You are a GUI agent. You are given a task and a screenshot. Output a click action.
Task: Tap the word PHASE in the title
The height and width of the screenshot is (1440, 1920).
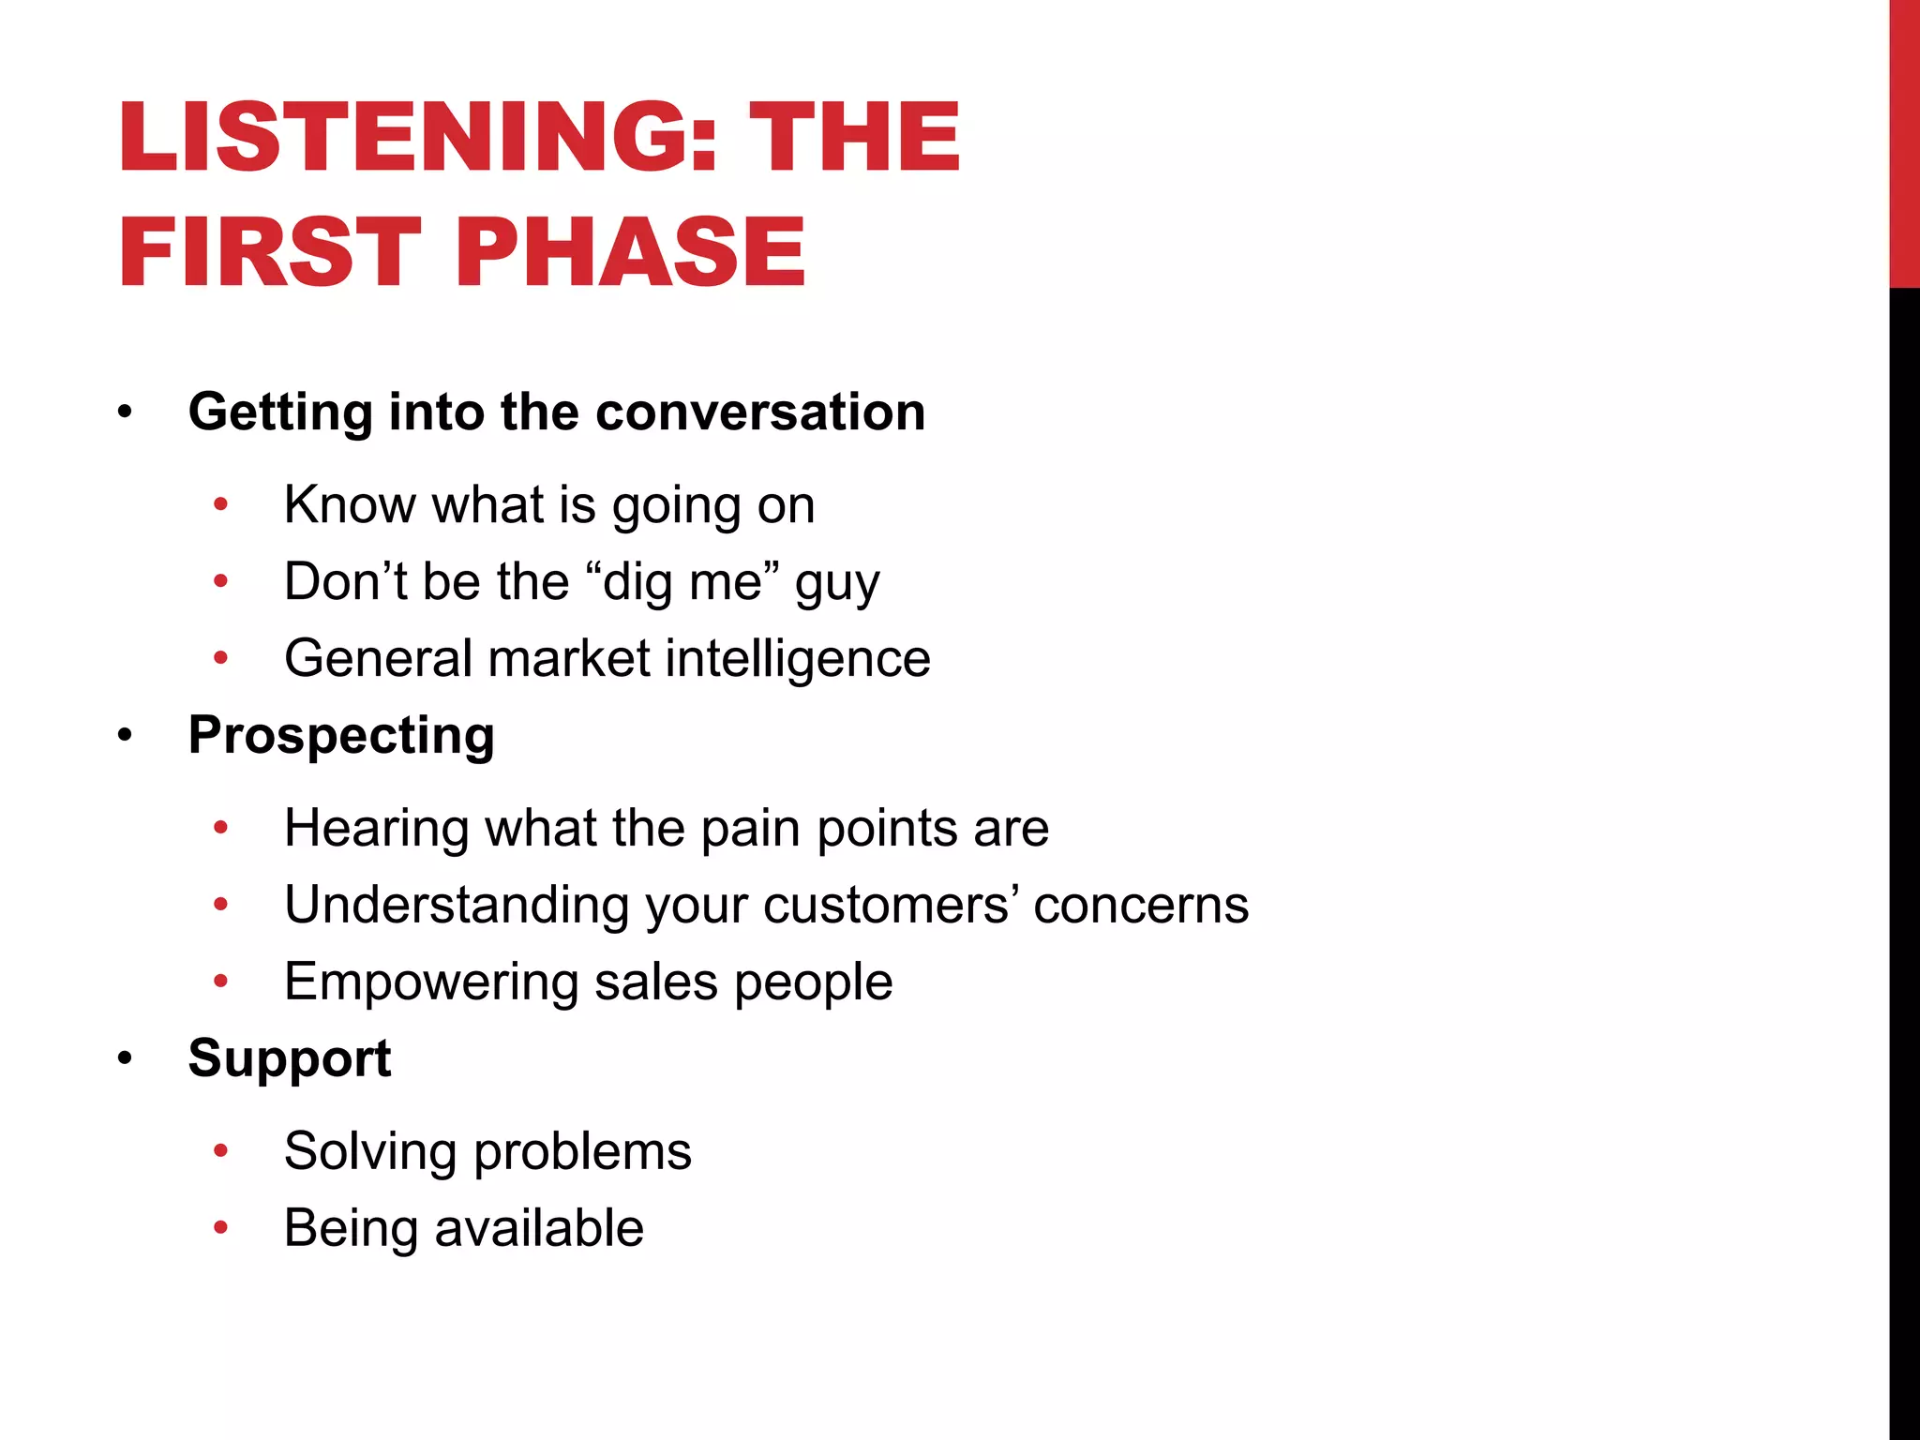[x=630, y=252]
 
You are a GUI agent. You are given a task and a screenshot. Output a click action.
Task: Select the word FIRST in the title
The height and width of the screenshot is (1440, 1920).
[x=270, y=252]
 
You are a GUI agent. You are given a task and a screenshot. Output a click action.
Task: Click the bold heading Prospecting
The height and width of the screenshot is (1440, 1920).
[x=341, y=735]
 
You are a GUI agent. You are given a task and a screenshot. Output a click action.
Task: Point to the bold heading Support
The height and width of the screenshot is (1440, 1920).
[x=289, y=1058]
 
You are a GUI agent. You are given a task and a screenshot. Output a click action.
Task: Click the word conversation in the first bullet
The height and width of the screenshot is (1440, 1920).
[x=760, y=412]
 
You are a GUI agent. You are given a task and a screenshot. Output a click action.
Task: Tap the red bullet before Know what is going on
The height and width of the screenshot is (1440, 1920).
[x=221, y=505]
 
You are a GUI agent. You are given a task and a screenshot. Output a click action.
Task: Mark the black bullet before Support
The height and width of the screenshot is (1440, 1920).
[x=126, y=1059]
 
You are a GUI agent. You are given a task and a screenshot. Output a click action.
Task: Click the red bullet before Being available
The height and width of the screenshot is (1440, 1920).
[x=221, y=1228]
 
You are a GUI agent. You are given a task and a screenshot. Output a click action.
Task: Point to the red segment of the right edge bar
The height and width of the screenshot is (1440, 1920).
[x=1904, y=141]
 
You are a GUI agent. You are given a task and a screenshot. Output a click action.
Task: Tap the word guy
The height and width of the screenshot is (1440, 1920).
[x=837, y=583]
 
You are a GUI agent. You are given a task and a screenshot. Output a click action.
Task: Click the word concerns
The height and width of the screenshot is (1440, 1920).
[x=1141, y=906]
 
